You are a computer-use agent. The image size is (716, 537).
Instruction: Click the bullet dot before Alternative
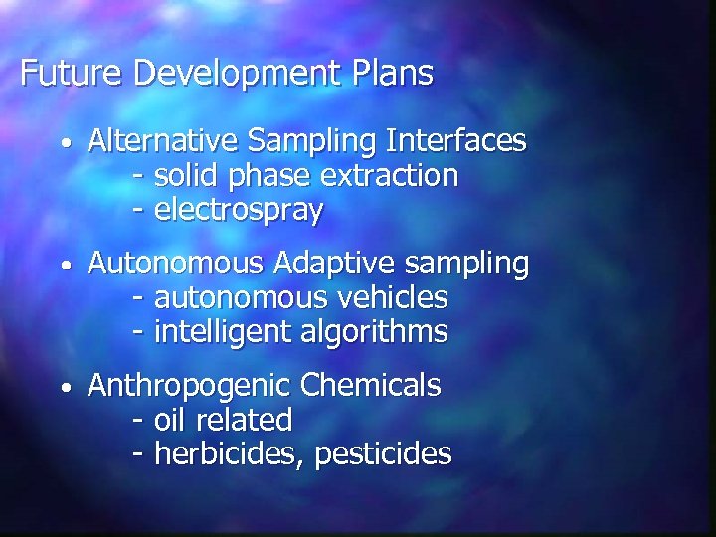tap(64, 144)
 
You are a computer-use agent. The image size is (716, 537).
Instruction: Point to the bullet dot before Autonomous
tap(64, 267)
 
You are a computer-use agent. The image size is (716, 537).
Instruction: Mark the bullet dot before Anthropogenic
tap(64, 387)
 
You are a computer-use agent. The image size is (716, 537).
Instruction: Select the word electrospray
tap(239, 211)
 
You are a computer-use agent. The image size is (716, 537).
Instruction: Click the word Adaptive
tap(324, 266)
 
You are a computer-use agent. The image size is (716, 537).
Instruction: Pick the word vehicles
tap(395, 297)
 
